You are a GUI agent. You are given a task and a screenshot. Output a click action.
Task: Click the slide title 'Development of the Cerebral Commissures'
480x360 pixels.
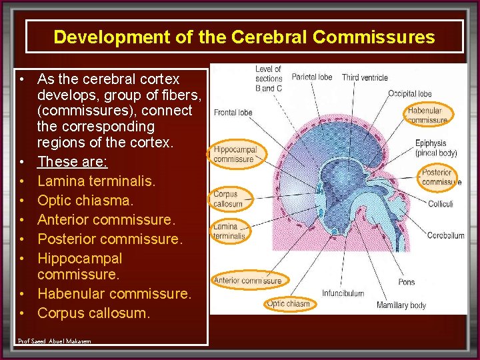pos(244,37)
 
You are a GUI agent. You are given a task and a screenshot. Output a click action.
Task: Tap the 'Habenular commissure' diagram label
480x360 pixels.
pos(427,115)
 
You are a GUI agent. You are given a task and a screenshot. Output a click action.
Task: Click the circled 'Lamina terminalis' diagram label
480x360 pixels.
pos(229,231)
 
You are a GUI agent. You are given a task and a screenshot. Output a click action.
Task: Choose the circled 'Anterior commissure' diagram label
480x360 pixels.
pos(247,281)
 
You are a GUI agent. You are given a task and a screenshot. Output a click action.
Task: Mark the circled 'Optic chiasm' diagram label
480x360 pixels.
pos(288,304)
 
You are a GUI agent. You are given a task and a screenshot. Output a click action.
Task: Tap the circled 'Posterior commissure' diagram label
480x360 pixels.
pos(441,177)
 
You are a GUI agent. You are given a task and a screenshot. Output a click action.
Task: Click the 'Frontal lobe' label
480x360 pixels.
pos(233,113)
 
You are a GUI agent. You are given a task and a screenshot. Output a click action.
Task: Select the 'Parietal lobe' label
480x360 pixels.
pos(312,77)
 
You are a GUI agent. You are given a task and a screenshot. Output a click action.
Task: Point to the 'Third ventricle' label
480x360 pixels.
pos(365,78)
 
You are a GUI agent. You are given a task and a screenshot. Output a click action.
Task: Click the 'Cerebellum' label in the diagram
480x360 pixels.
pos(445,235)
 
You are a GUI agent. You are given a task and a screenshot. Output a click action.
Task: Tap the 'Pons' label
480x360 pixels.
pos(407,282)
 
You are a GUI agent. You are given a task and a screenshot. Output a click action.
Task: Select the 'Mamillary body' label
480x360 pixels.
pos(401,305)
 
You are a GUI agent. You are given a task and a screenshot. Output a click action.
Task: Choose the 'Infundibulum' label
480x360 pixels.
pos(343,293)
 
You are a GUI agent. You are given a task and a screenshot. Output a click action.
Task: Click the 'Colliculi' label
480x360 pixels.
pos(440,204)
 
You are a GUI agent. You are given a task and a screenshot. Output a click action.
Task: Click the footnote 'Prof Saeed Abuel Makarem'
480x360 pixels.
pos(55,341)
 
